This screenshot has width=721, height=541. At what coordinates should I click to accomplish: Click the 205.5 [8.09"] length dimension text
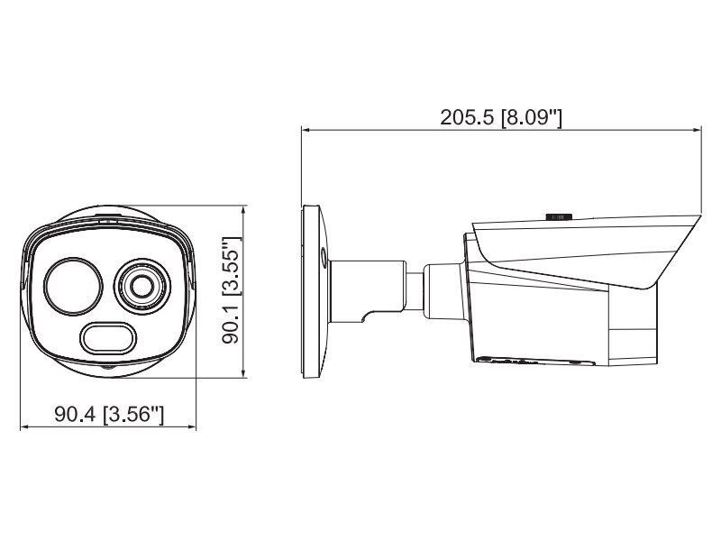(x=501, y=117)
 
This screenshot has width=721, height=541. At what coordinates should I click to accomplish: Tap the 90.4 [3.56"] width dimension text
(x=109, y=415)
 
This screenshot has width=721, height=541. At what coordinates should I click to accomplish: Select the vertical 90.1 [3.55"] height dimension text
(x=231, y=290)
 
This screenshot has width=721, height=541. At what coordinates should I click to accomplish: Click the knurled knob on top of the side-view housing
(x=559, y=216)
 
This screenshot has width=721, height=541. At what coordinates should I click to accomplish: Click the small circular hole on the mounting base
(x=324, y=256)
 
